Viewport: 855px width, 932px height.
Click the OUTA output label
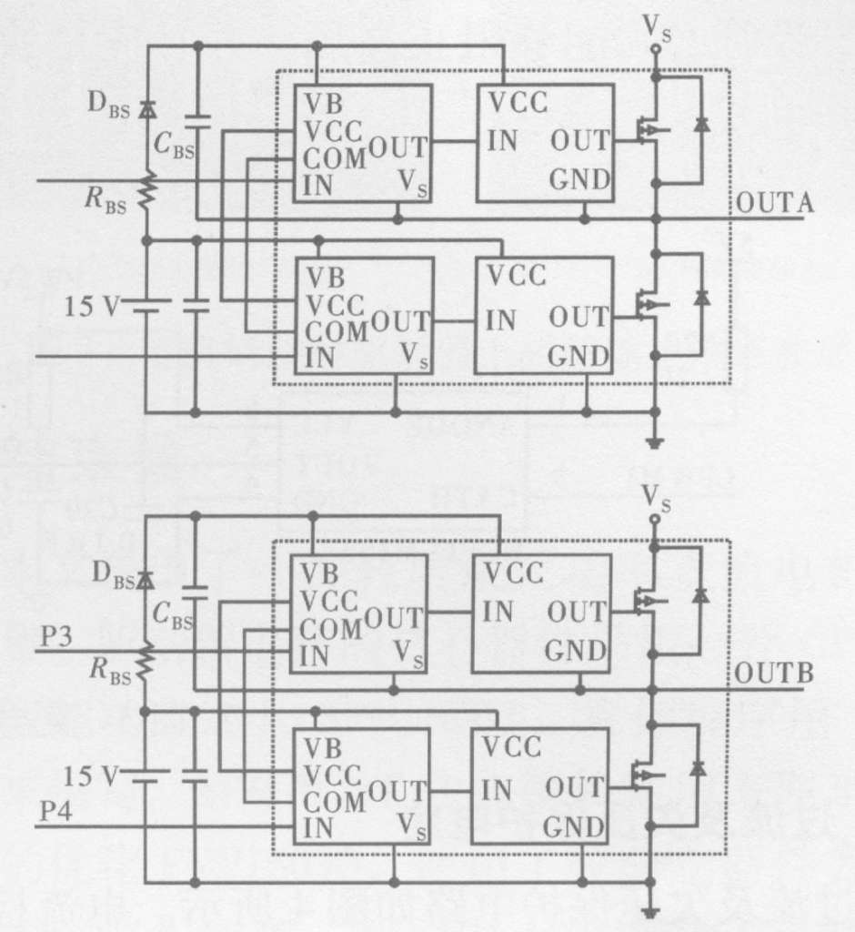pyautogui.click(x=775, y=203)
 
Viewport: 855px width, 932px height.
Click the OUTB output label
pyautogui.click(x=774, y=674)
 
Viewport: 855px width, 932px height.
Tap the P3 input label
pyautogui.click(x=55, y=636)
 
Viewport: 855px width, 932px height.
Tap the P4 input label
pyautogui.click(x=55, y=811)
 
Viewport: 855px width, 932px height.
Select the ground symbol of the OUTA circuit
pyautogui.click(x=655, y=443)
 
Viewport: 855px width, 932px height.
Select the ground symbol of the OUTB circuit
pyautogui.click(x=651, y=913)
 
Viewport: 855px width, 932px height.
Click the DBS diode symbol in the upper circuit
pyautogui.click(x=147, y=109)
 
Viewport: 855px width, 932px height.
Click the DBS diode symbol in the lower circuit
pyautogui.click(x=145, y=580)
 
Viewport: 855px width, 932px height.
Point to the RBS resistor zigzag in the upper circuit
pyautogui.click(x=146, y=191)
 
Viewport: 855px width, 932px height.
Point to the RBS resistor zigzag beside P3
pyautogui.click(x=145, y=663)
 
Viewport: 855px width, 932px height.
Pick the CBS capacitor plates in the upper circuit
pyautogui.click(x=198, y=121)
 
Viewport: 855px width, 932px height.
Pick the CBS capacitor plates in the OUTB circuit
pyautogui.click(x=195, y=593)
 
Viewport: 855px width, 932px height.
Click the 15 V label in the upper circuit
pyautogui.click(x=91, y=306)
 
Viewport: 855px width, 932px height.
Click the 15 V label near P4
pyautogui.click(x=90, y=775)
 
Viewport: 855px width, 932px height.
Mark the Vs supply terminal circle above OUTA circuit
pyautogui.click(x=656, y=49)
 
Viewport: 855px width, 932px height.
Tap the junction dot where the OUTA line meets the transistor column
pyautogui.click(x=656, y=220)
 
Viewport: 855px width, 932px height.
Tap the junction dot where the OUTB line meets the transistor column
pyautogui.click(x=652, y=690)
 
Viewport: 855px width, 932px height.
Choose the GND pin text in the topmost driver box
pyautogui.click(x=579, y=179)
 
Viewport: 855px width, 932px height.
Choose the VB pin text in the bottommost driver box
pyautogui.click(x=323, y=748)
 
